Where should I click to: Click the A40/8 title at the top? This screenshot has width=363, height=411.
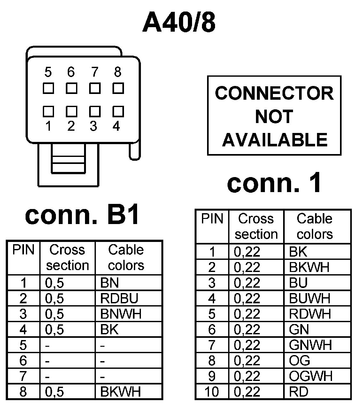tap(179, 23)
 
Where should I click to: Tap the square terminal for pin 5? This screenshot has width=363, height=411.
tap(48, 88)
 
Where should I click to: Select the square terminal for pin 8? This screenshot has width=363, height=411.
tap(118, 88)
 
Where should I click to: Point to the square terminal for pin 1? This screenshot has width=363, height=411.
tap(48, 111)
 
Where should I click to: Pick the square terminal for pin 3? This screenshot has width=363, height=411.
tap(95, 111)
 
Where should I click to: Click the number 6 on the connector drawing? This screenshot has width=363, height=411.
tap(71, 72)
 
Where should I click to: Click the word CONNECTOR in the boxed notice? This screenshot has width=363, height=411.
tap(274, 93)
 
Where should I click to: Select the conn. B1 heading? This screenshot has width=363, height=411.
tap(82, 215)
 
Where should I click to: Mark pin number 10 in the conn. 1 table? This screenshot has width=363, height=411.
tap(212, 392)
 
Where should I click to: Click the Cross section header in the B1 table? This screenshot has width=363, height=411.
tap(67, 258)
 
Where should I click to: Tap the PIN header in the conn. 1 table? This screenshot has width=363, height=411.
tap(212, 219)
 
